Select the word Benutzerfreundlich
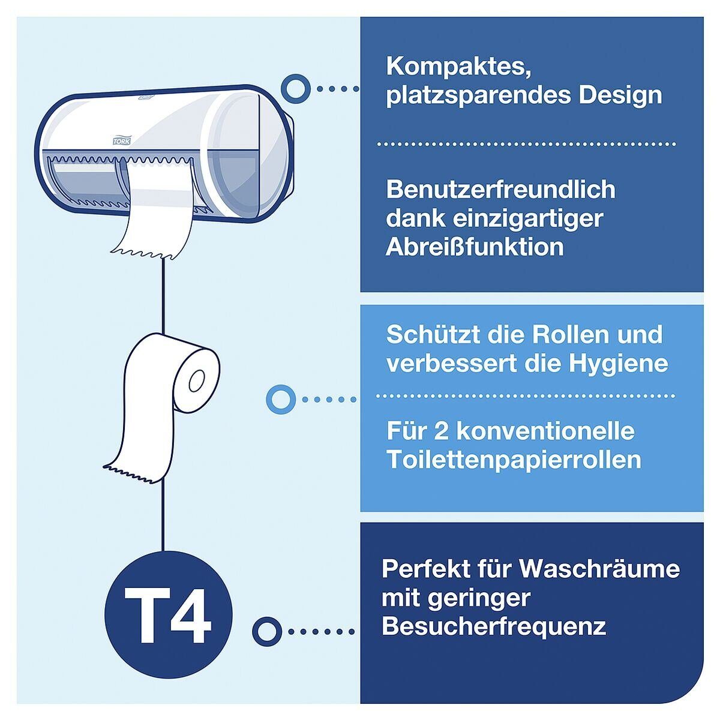click(x=501, y=190)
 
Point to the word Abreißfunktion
click(x=475, y=247)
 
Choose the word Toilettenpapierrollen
click(x=514, y=460)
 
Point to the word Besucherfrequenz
click(x=493, y=627)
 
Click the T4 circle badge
click(x=168, y=614)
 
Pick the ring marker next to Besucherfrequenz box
click(x=267, y=631)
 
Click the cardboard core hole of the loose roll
click(x=197, y=380)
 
